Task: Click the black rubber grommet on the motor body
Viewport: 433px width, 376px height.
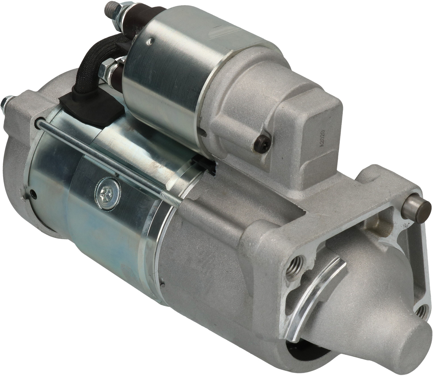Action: pyautogui.click(x=91, y=108)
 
